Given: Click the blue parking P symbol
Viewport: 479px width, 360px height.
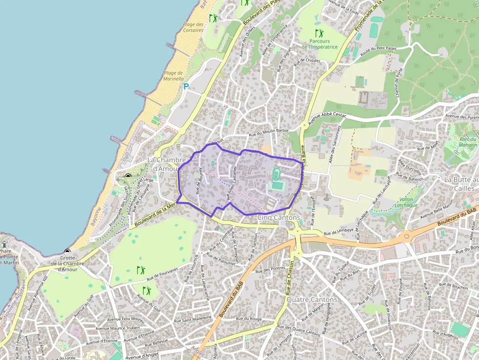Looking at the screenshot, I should pyautogui.click(x=186, y=86).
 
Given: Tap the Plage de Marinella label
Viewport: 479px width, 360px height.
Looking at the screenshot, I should pyautogui.click(x=174, y=76).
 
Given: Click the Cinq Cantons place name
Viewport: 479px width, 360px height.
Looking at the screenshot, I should pyautogui.click(x=279, y=217).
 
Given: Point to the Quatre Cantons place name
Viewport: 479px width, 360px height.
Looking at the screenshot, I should pyautogui.click(x=312, y=299).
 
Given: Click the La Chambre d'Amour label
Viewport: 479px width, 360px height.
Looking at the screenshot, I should pyautogui.click(x=167, y=164).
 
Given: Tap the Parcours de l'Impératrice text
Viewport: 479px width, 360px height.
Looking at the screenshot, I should pyautogui.click(x=320, y=44).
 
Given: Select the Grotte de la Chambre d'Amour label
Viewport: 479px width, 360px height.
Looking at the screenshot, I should pyautogui.click(x=66, y=263).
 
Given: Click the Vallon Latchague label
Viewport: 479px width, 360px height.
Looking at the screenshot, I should pyautogui.click(x=406, y=203).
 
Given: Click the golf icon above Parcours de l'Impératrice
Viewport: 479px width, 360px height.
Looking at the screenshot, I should pyautogui.click(x=319, y=33).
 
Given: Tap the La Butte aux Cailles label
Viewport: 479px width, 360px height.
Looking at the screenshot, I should pyautogui.click(x=459, y=184).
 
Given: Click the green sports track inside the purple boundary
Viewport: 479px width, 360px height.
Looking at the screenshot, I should pyautogui.click(x=276, y=173).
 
